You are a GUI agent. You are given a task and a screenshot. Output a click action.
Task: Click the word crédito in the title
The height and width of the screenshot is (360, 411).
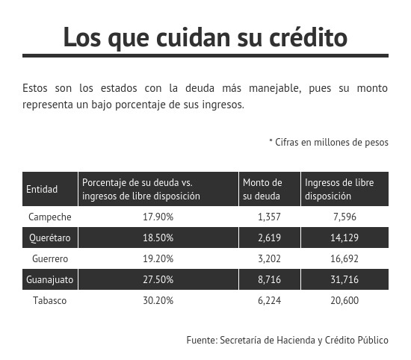click(308, 37)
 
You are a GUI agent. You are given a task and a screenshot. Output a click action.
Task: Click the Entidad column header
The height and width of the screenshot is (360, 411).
click(42, 189)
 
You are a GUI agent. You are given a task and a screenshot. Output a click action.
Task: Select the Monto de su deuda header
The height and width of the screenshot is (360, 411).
click(262, 189)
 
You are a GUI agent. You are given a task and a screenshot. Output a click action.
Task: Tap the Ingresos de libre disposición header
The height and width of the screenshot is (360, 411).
click(339, 189)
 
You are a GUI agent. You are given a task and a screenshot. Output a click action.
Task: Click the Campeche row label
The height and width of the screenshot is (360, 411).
click(50, 217)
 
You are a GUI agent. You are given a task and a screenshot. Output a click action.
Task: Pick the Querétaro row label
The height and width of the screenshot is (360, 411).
click(50, 238)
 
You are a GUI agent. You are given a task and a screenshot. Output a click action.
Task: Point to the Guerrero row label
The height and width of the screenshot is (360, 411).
click(50, 258)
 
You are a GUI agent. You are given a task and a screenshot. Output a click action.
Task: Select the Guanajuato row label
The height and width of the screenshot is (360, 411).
click(50, 279)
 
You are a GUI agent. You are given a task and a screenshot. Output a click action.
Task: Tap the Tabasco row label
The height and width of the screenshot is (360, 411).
click(50, 300)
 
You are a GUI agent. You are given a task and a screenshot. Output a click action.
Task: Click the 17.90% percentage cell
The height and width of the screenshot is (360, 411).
click(158, 217)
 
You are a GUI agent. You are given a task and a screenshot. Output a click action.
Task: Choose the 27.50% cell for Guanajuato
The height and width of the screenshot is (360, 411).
click(158, 279)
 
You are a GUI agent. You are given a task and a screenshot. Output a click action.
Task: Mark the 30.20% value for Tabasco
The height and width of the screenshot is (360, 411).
click(158, 300)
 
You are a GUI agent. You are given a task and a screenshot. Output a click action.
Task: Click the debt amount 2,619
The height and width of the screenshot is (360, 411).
click(269, 238)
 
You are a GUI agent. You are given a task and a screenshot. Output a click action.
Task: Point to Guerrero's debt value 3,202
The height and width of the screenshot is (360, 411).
click(269, 258)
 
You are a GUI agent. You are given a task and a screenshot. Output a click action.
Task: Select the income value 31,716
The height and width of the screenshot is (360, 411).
click(344, 279)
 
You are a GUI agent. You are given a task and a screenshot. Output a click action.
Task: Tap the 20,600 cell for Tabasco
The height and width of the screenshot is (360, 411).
click(344, 300)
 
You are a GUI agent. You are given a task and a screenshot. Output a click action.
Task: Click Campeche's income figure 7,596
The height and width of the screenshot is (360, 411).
click(344, 217)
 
